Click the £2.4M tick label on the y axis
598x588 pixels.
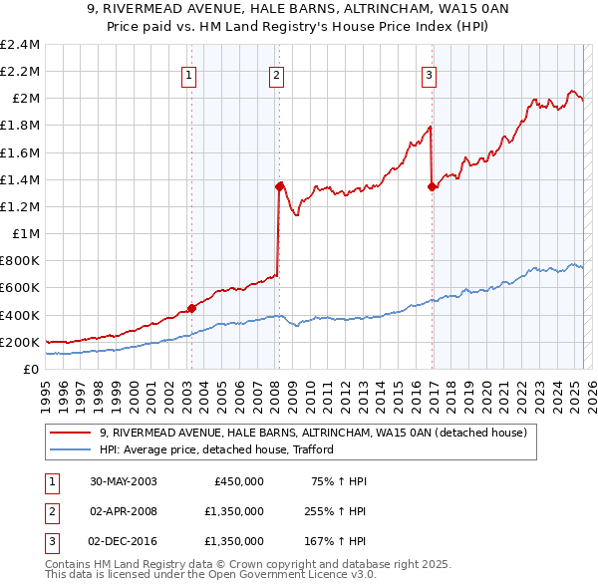click(21, 45)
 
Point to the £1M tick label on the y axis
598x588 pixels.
click(27, 233)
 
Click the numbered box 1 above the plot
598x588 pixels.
click(189, 73)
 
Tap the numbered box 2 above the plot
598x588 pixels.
click(276, 73)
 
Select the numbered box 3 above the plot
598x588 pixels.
click(429, 73)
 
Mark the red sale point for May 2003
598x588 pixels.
click(191, 308)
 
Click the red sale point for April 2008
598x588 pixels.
click(279, 185)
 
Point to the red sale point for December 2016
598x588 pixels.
click(432, 185)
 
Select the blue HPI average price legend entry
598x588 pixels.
click(215, 449)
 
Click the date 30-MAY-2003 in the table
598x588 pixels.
click(123, 481)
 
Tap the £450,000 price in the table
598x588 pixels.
click(239, 481)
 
